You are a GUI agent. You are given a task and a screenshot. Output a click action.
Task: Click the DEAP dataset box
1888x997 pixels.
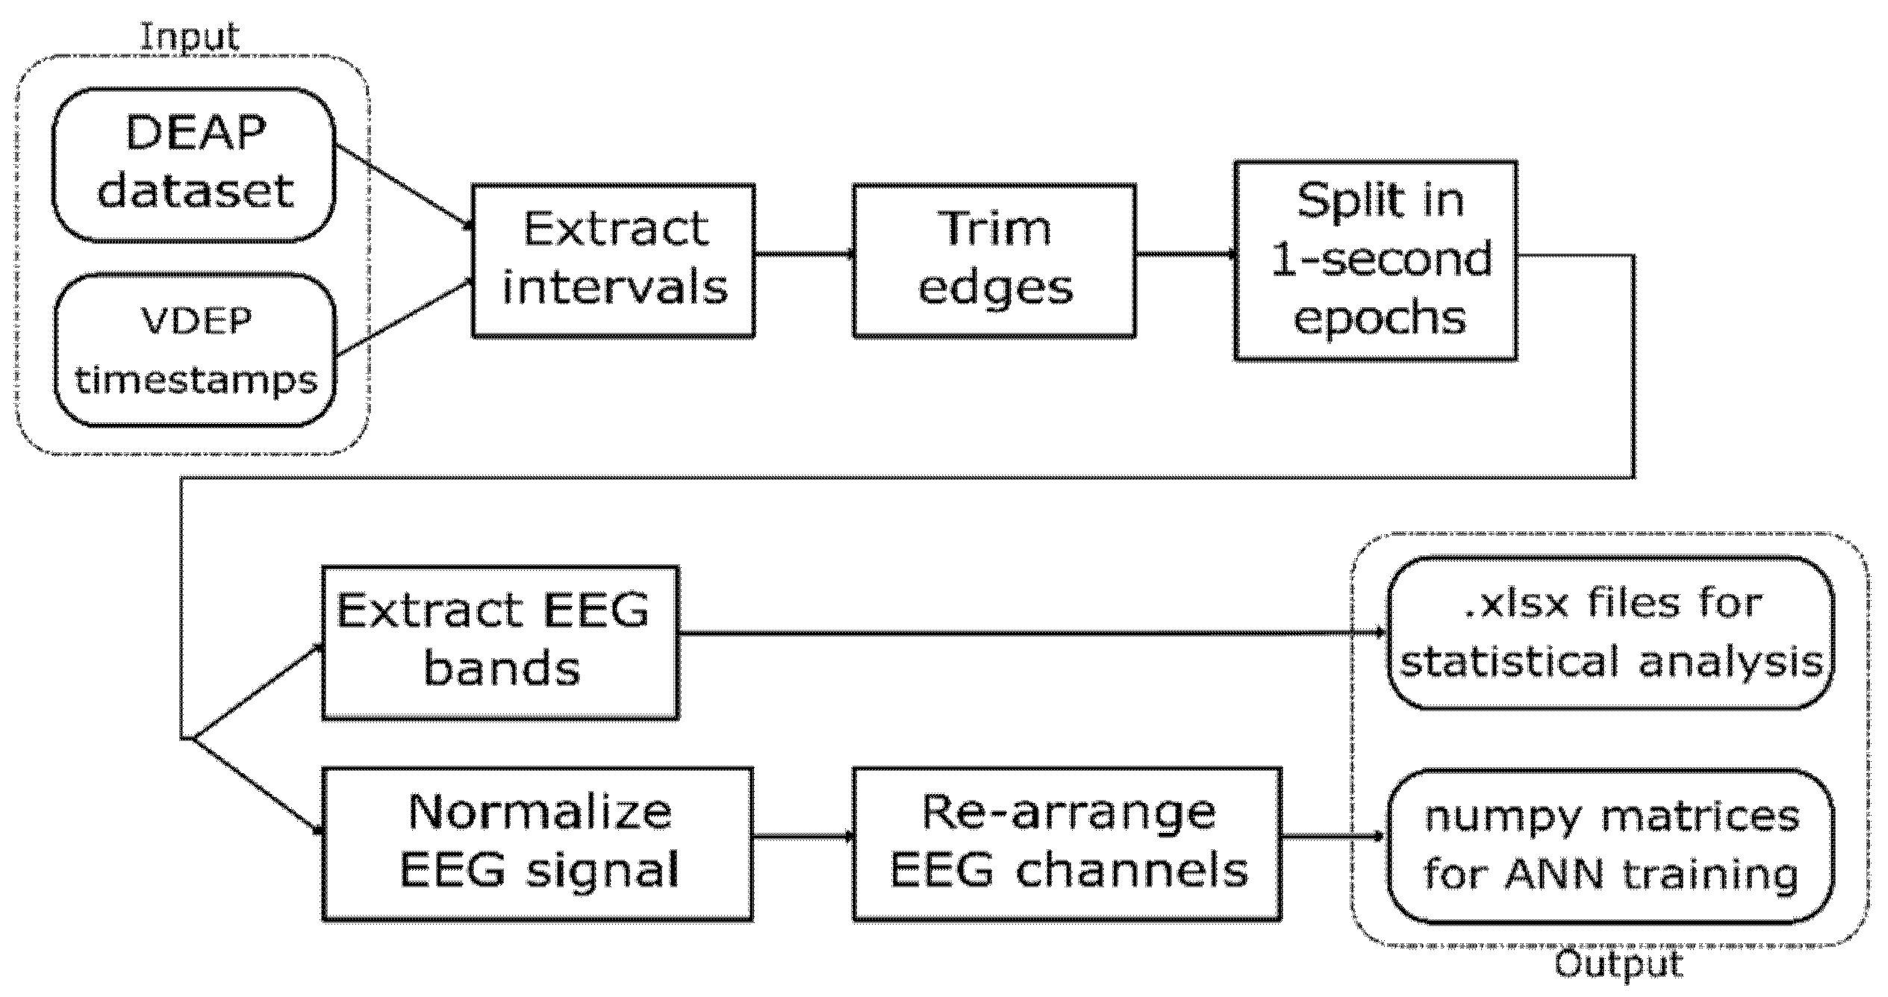click(x=193, y=164)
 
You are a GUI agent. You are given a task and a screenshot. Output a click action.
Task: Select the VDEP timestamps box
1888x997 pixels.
click(x=195, y=350)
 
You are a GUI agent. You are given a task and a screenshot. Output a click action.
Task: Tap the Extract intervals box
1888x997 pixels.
click(x=613, y=260)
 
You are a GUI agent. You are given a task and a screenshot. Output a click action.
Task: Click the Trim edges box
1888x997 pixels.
click(x=994, y=260)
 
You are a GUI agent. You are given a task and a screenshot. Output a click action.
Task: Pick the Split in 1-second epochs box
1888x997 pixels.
click(x=1375, y=260)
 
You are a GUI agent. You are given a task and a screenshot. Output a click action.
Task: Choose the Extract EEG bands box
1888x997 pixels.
click(x=499, y=642)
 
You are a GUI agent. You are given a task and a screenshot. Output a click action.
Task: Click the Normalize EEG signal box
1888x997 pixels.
click(x=537, y=843)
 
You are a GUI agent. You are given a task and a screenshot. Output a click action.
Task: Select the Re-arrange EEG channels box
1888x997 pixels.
click(x=1067, y=843)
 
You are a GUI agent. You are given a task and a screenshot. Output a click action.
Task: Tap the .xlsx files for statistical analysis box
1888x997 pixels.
click(x=1610, y=633)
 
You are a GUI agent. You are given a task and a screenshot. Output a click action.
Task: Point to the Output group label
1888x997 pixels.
click(x=1618, y=964)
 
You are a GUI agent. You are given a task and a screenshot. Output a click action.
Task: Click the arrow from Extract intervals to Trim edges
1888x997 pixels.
click(x=803, y=254)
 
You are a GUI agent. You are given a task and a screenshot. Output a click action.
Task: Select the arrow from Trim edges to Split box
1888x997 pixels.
click(x=1185, y=254)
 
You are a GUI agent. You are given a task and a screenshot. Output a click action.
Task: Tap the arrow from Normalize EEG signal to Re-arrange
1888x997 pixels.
click(x=803, y=837)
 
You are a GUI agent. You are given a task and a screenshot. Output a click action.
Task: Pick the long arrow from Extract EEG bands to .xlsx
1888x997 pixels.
click(x=1030, y=634)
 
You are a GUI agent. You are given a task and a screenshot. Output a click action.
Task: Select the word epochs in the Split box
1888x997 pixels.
click(x=1380, y=319)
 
